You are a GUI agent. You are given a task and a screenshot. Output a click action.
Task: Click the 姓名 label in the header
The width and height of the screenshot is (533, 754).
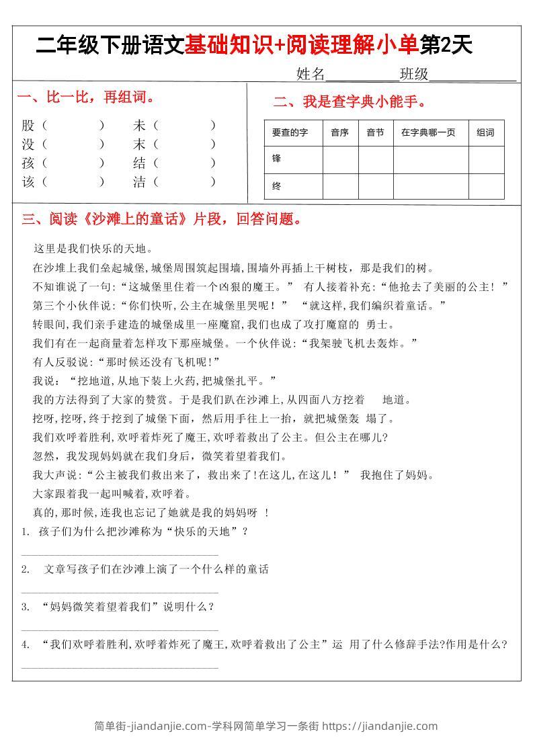coord(310,74)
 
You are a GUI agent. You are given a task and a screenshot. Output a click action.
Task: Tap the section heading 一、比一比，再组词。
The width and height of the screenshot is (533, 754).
coord(87,97)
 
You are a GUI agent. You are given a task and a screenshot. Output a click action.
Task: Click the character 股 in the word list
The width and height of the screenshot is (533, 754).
coord(28,125)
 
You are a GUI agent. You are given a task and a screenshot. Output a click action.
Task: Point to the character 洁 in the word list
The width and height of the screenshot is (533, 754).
coord(139,181)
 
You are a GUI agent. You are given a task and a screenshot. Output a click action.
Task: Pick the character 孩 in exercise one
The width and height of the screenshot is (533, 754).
coord(28,163)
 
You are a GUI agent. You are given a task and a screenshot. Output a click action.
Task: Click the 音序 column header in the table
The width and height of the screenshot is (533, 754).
coord(340,133)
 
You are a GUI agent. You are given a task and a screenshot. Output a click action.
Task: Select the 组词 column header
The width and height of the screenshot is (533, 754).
coord(485,133)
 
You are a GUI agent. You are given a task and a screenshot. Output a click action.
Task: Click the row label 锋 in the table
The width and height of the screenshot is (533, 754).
coord(276,159)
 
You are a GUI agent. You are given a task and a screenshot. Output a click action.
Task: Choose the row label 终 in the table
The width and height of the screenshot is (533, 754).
coord(276,186)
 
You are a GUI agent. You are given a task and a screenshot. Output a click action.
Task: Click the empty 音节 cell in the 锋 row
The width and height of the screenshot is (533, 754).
coord(375,160)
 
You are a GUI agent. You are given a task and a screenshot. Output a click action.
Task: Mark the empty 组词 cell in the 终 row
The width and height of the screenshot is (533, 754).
coord(486,186)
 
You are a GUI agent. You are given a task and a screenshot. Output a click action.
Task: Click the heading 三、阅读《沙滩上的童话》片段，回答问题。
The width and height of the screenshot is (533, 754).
coord(162,219)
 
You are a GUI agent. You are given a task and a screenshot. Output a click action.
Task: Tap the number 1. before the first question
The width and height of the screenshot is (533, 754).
coord(25,532)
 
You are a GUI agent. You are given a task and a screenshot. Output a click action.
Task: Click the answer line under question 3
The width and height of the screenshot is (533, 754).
coord(120,630)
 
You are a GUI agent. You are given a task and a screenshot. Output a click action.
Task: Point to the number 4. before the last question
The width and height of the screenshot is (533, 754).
coord(25,644)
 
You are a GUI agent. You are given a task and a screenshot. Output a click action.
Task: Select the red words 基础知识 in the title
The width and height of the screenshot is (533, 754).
coord(228,46)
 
